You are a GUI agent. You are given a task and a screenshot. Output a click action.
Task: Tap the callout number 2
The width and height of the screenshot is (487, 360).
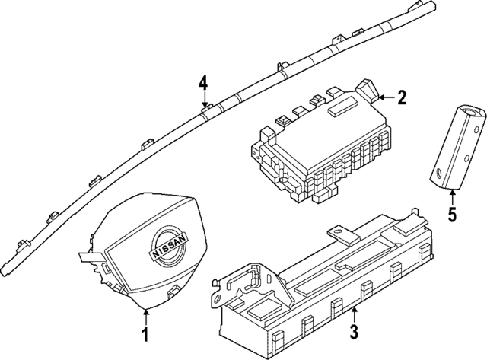coord(402,97)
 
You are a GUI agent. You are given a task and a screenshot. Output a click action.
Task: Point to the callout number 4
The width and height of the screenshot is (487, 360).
coord(203,82)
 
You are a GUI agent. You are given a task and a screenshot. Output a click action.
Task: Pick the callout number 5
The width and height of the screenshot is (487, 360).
coord(452,215)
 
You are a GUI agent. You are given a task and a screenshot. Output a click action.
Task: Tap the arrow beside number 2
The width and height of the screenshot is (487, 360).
coord(385,97)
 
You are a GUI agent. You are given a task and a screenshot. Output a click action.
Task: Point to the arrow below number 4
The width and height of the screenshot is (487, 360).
coord(203,100)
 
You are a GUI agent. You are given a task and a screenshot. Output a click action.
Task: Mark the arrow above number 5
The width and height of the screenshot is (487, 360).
coord(452,196)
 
